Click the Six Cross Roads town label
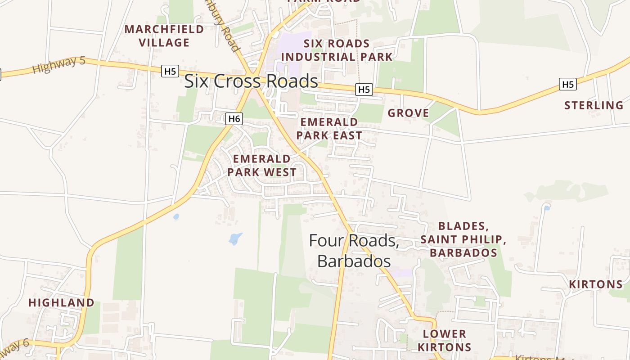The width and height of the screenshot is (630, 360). click(x=251, y=81)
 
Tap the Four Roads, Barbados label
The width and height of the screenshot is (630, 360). click(x=354, y=251)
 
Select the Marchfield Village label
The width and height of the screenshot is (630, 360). click(x=164, y=36)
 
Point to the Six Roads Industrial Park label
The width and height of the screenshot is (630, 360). click(x=337, y=50)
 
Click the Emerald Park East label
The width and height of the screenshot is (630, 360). click(x=329, y=129)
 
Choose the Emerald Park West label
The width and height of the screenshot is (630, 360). click(x=262, y=165)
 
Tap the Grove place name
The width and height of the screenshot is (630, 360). click(x=408, y=113)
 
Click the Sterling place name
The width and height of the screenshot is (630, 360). click(x=594, y=106)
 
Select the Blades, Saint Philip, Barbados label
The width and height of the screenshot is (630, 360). click(x=463, y=239)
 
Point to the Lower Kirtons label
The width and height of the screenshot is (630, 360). click(x=445, y=340)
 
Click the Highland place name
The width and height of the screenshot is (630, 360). click(x=61, y=302)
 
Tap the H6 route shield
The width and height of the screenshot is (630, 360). click(x=234, y=119)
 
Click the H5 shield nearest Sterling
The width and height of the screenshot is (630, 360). click(x=568, y=84)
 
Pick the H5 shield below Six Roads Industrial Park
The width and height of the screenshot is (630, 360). click(x=364, y=90)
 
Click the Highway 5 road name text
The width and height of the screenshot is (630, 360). click(x=59, y=65)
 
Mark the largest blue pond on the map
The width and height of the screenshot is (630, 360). click(x=235, y=238)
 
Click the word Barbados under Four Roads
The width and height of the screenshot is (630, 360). click(x=354, y=261)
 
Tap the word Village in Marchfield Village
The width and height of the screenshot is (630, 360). click(x=164, y=43)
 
